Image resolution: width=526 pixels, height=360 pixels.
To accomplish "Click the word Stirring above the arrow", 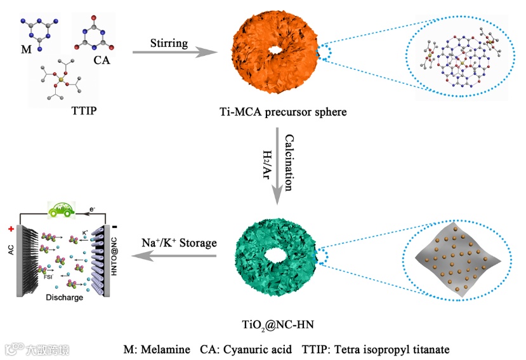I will [169, 44].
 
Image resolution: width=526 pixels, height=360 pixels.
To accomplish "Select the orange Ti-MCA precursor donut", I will [257, 70].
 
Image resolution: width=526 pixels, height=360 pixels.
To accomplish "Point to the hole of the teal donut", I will [277, 255].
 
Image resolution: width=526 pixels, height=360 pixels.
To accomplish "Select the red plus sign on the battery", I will [11, 229].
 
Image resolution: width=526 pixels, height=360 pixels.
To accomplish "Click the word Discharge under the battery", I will [63, 297].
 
